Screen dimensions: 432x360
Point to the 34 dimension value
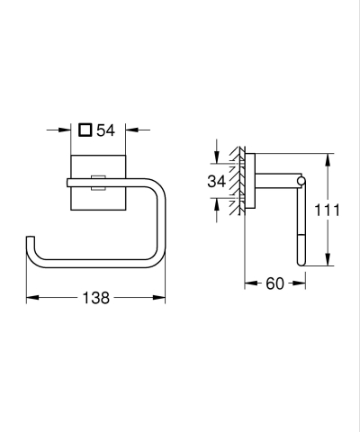pos(216,181)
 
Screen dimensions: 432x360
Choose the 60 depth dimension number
pos(274,283)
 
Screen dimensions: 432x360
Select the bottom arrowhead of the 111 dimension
pos(328,265)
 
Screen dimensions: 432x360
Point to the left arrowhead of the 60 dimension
pos(249,283)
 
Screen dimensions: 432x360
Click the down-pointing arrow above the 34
pos(217,158)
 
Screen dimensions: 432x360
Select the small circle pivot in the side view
pos(301,184)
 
